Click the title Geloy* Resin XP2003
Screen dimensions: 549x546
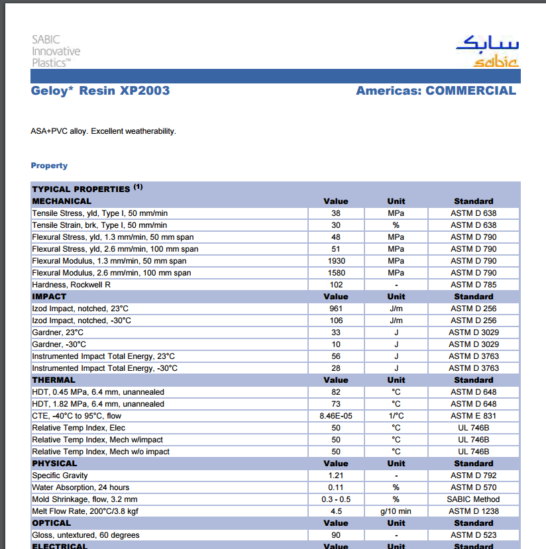(100, 91)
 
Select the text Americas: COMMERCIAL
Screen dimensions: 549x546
(435, 91)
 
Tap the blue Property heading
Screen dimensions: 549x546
(49, 166)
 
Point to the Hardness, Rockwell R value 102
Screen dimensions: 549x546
(336, 285)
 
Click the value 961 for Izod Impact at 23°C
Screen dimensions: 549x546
(336, 309)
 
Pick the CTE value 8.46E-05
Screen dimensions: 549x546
(336, 416)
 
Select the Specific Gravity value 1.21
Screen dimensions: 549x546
(336, 475)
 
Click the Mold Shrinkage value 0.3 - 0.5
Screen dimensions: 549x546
(336, 499)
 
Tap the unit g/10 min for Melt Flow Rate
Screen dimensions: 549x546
(396, 511)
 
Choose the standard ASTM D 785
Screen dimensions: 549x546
(473, 285)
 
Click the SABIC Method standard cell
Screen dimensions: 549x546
(473, 499)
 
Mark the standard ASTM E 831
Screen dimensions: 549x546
(473, 416)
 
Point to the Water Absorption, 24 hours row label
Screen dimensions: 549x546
(81, 487)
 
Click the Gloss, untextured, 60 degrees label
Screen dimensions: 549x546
(86, 535)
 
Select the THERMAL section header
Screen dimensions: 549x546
(54, 380)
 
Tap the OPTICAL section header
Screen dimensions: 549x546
(52, 523)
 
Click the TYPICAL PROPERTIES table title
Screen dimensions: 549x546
(82, 189)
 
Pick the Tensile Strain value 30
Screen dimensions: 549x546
(336, 225)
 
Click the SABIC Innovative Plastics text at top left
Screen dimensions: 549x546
(56, 51)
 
